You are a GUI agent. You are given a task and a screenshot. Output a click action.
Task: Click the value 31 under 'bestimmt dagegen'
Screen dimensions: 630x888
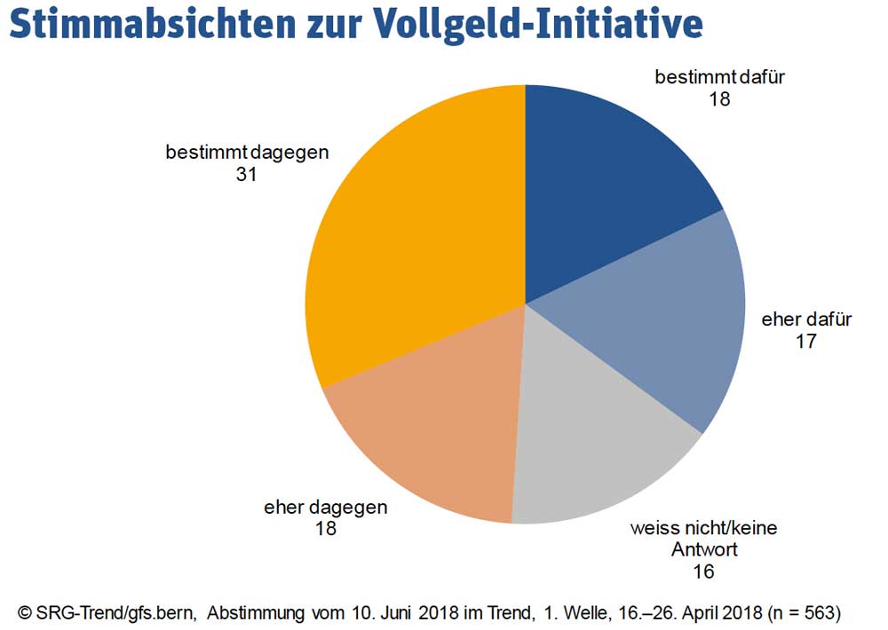(246, 175)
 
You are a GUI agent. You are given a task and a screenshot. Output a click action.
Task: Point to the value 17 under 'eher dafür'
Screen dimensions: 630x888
(805, 341)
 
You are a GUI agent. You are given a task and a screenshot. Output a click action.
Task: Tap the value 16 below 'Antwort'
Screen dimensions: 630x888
(703, 571)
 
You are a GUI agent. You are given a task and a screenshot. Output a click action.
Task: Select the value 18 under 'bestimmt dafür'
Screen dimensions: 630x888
(719, 98)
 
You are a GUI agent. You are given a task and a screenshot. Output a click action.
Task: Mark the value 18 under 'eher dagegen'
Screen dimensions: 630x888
(325, 530)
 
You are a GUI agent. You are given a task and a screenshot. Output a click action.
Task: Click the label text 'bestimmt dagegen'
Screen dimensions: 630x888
(247, 153)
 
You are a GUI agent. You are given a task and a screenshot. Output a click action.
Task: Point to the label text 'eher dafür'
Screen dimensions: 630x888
(806, 319)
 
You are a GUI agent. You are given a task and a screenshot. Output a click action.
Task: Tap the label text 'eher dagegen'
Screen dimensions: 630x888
(325, 508)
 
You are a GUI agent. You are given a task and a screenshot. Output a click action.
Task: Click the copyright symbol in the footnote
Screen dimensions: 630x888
(25, 611)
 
